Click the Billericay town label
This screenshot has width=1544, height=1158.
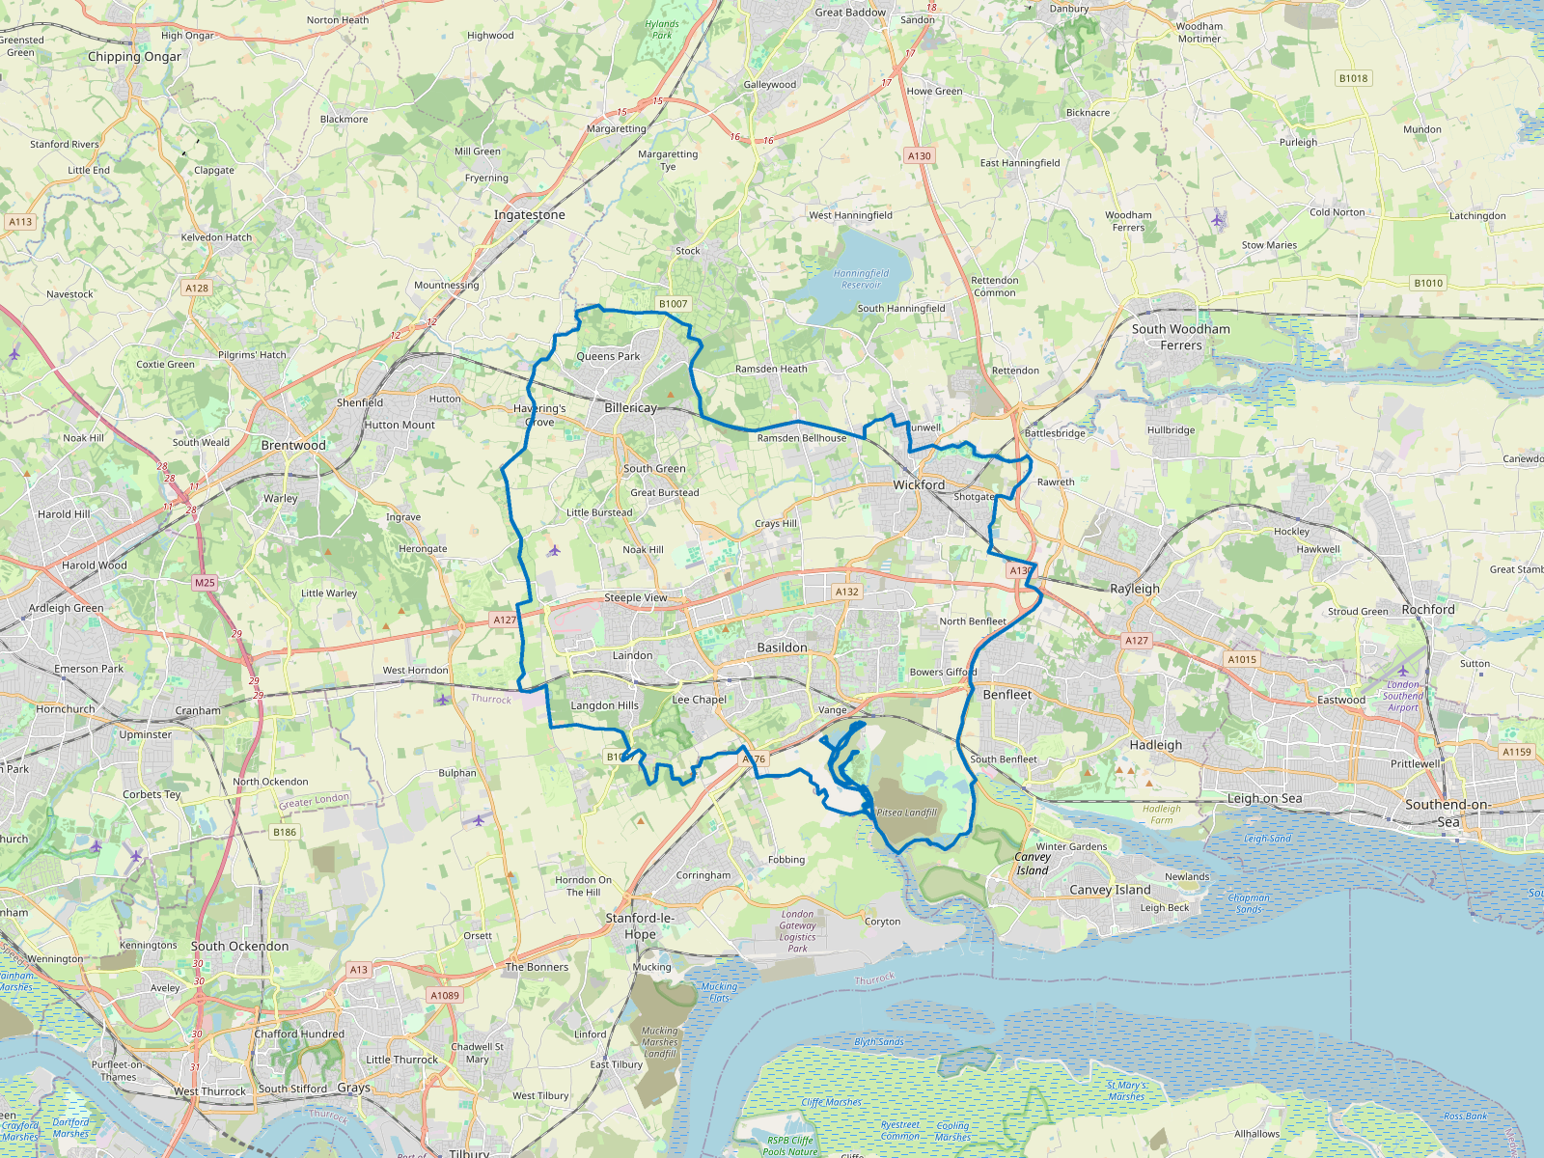tap(630, 408)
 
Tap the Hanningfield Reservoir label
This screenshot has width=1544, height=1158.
tap(861, 279)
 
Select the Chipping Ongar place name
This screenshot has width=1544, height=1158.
tap(134, 57)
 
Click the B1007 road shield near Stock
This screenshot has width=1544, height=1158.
tap(673, 304)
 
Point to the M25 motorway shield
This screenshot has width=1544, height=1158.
tap(205, 583)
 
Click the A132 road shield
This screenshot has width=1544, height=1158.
tap(846, 592)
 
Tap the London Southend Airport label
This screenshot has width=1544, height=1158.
tap(1403, 696)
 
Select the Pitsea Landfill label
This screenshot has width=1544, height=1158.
tap(906, 813)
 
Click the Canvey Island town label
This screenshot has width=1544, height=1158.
tap(1110, 890)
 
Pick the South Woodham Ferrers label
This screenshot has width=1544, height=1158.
tap(1181, 337)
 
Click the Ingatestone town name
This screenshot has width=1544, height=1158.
tap(530, 215)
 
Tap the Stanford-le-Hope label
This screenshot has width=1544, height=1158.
tap(640, 925)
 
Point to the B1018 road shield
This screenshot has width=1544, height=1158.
tap(1353, 78)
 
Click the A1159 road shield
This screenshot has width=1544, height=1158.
tap(1516, 752)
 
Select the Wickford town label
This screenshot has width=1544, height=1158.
tap(919, 484)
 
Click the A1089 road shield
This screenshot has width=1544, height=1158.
tap(445, 995)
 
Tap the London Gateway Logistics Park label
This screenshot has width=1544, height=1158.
tap(797, 931)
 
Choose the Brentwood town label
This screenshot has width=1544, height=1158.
tap(293, 446)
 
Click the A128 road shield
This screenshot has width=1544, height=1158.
tap(197, 288)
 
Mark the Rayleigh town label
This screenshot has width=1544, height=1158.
tap(1135, 589)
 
